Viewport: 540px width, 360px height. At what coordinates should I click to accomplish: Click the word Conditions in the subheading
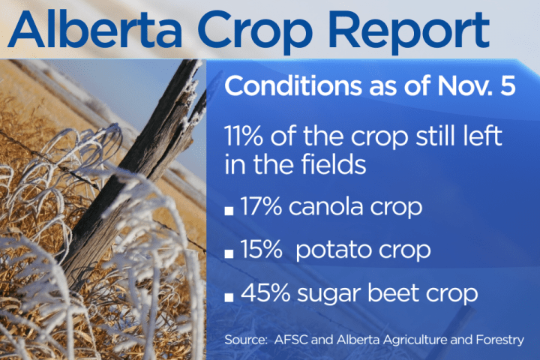click(288, 85)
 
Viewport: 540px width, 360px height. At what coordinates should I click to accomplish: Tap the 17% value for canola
click(262, 207)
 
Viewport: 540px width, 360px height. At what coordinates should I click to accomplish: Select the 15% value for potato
click(262, 250)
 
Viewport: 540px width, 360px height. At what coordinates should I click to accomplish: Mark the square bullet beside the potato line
click(229, 253)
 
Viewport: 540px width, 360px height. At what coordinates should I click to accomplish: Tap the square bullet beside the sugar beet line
click(229, 296)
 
